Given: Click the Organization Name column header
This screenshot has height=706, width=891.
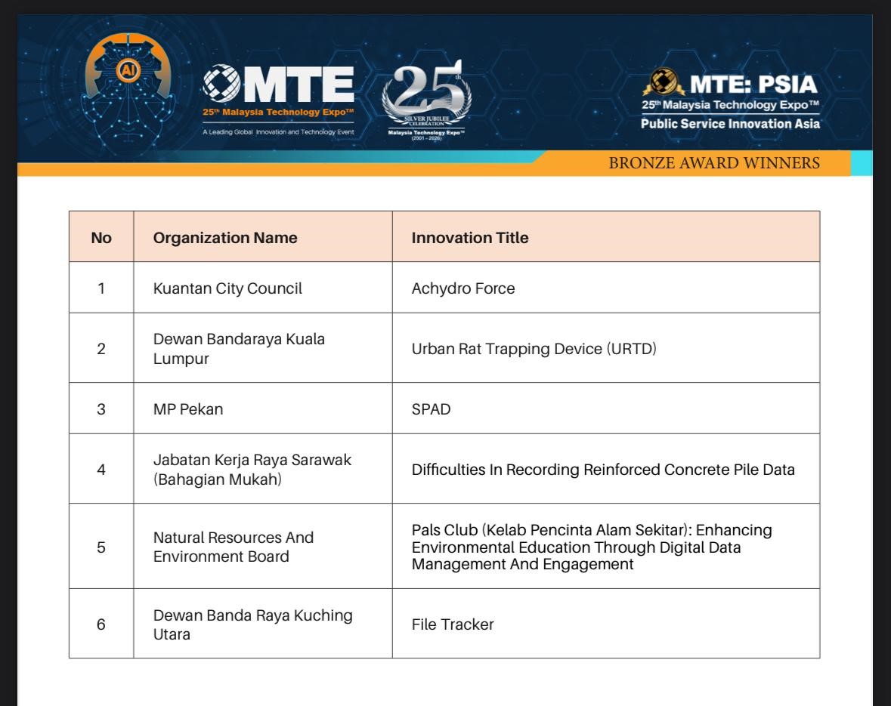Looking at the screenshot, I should click(225, 238).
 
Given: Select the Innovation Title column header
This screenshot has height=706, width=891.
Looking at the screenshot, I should click(470, 238).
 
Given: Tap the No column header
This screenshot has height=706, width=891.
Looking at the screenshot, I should click(101, 238).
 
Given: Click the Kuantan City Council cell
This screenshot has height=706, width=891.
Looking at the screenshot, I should click(227, 288).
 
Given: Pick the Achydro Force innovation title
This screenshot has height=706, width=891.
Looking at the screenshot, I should click(463, 288).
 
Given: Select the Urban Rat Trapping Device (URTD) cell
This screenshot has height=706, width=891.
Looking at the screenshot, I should click(534, 349).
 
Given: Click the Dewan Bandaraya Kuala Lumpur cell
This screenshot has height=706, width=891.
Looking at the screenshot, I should click(239, 348).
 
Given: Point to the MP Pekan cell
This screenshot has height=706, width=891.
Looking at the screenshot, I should click(188, 409).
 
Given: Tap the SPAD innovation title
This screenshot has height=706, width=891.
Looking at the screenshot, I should click(431, 409).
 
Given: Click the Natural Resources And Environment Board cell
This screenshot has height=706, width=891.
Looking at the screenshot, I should click(234, 547).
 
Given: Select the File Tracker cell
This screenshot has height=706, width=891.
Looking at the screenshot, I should click(453, 624).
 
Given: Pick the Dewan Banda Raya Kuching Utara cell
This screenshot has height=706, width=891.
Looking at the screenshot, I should click(252, 624).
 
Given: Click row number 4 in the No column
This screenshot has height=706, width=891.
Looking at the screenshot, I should click(101, 469).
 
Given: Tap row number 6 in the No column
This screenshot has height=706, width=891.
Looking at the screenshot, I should click(101, 624).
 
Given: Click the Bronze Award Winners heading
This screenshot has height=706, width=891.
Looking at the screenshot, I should click(714, 163).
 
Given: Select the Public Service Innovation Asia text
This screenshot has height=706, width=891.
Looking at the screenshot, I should click(729, 124).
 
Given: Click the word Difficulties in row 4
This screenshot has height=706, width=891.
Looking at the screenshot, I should click(447, 469).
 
